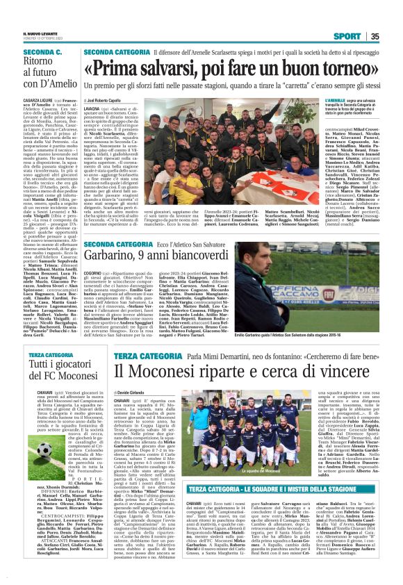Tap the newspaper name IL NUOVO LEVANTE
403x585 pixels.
35,32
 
